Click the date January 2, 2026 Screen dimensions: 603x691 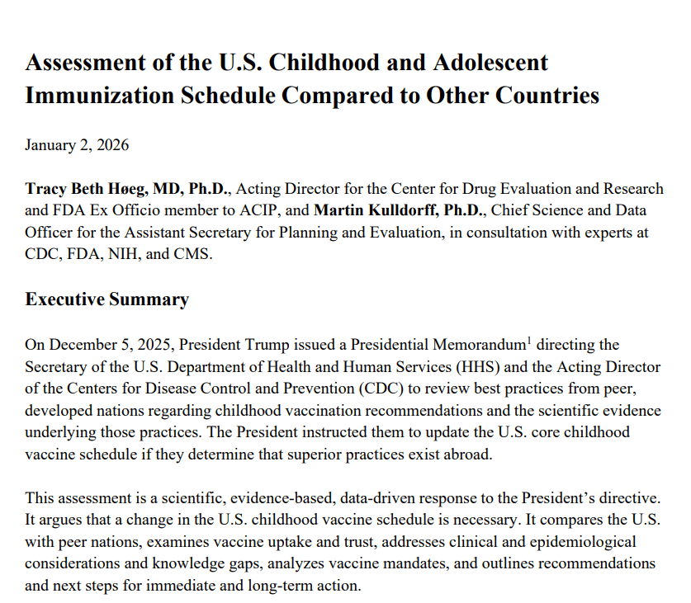77,146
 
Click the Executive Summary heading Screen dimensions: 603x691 107,299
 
